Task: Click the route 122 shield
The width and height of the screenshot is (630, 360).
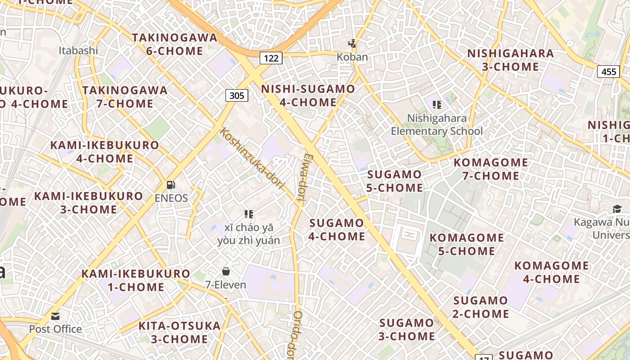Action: [x=271, y=58]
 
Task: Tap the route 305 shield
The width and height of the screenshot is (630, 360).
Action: [x=237, y=95]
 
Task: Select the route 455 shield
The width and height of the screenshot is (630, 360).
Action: [x=608, y=71]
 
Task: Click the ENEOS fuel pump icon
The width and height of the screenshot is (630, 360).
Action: [x=171, y=184]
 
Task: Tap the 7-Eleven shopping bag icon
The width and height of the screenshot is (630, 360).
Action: [x=226, y=271]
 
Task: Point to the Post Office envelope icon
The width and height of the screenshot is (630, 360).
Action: [x=55, y=316]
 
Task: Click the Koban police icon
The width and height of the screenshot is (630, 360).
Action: [x=353, y=44]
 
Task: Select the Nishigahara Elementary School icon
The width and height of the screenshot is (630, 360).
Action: [x=436, y=105]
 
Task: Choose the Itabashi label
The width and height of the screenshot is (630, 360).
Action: [x=78, y=50]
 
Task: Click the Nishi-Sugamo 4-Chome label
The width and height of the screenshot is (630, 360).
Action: [x=308, y=95]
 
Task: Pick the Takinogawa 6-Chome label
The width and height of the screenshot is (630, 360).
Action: [x=175, y=44]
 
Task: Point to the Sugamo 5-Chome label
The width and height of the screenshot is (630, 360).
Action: [x=395, y=181]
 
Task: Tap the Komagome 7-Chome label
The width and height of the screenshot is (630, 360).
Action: [x=491, y=169]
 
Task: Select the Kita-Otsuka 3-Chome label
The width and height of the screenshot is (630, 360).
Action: [x=180, y=332]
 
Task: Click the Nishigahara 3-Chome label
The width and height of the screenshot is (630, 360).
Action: [x=510, y=60]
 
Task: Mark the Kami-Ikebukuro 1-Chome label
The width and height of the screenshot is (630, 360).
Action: [x=136, y=280]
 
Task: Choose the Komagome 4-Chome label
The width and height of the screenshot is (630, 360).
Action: [x=551, y=272]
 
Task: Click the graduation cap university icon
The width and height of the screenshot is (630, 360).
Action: [x=616, y=209]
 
